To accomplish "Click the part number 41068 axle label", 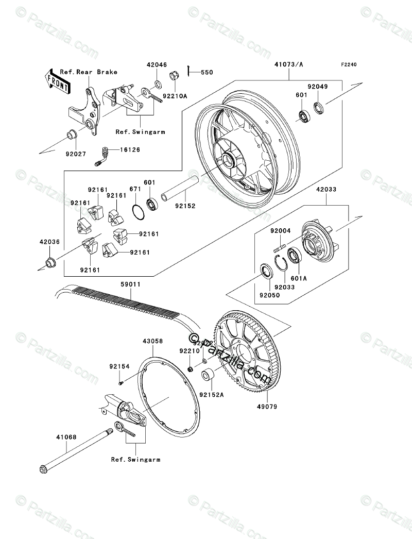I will (x=66, y=437).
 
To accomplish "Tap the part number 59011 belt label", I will (x=130, y=284).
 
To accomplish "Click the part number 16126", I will (x=129, y=149).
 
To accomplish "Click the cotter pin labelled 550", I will (x=191, y=73).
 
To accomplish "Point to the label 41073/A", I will (x=289, y=65).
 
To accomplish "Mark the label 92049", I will (x=318, y=87).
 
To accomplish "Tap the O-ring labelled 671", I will (x=138, y=211).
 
